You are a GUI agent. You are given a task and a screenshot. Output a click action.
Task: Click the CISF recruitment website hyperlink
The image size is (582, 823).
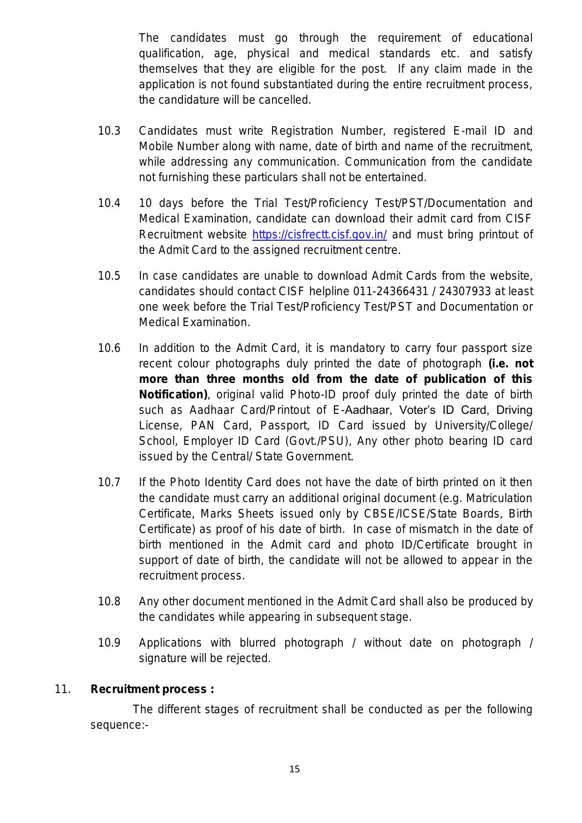(x=319, y=235)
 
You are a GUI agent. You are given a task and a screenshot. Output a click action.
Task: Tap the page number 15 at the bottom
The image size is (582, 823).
(x=295, y=769)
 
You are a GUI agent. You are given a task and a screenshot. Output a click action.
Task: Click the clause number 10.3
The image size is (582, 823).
(x=109, y=131)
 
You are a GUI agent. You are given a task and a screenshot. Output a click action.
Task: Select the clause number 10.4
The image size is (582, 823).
(x=109, y=204)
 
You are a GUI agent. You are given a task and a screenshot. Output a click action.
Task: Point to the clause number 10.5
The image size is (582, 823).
(x=109, y=276)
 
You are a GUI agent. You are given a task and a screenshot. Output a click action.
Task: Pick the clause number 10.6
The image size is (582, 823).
(x=109, y=348)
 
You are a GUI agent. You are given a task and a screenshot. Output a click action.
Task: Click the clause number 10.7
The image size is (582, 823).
(x=109, y=482)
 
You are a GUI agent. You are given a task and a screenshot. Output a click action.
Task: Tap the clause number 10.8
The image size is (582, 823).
(x=109, y=602)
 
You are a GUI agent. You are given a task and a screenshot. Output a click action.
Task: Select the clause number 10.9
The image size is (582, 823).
(x=109, y=643)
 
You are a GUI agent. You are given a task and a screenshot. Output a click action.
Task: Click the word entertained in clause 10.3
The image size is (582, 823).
(x=401, y=177)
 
